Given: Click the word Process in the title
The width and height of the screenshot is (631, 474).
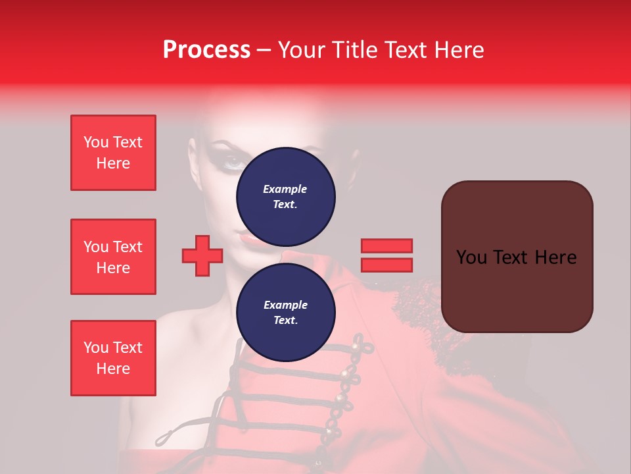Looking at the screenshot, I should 206,50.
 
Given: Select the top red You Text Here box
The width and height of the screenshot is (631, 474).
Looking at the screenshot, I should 113,153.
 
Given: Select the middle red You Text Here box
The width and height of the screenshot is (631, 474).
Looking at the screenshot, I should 113,257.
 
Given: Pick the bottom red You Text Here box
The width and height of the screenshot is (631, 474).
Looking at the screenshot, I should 113,358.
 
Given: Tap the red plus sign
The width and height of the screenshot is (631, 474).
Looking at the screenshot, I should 202,256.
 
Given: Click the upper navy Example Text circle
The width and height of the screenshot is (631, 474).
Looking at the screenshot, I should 285,196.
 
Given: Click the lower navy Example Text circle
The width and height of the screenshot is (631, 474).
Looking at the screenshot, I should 285,312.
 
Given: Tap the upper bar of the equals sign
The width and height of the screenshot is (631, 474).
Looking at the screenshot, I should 386,246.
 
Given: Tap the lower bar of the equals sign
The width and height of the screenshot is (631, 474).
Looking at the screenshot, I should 386,265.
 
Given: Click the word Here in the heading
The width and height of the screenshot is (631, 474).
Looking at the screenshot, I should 457,50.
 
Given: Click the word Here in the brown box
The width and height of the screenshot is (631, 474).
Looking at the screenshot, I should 555,257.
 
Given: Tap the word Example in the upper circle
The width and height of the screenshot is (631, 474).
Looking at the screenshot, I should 285,189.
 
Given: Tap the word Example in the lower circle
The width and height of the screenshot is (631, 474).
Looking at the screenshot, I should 285,305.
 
